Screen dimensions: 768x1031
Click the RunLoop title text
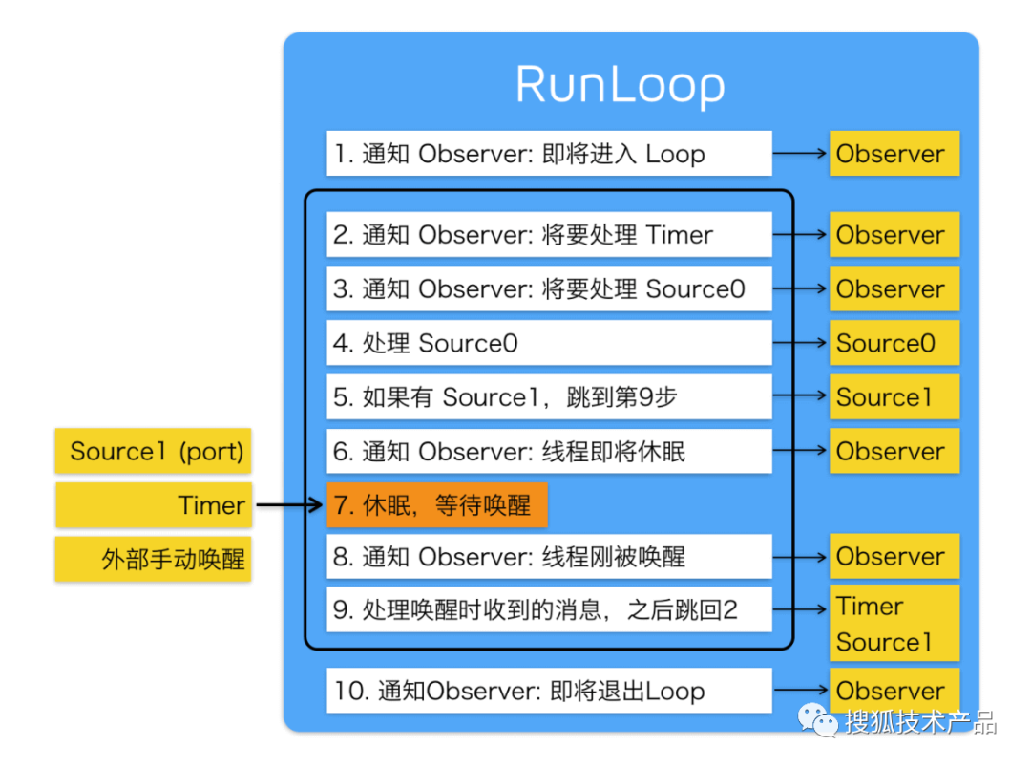click(x=621, y=86)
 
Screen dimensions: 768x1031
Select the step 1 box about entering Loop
click(x=549, y=154)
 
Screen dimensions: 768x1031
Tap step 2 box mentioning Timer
click(x=549, y=235)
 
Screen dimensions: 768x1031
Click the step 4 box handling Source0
click(x=549, y=343)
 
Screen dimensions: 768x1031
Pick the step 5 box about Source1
click(x=549, y=397)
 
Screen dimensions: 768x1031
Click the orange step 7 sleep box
click(x=437, y=505)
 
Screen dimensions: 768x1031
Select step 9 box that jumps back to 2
click(x=549, y=609)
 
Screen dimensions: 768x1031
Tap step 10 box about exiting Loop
click(x=549, y=691)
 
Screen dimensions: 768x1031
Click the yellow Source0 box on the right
click(x=894, y=343)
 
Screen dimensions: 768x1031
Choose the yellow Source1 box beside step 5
click(x=894, y=397)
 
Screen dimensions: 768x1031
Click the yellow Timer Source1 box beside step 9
click(x=894, y=623)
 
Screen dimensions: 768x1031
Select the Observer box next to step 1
click(x=894, y=154)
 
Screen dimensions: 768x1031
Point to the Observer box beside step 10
click(x=894, y=690)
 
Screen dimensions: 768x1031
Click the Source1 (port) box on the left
click(x=154, y=451)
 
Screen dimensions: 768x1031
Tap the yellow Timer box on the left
click(x=154, y=505)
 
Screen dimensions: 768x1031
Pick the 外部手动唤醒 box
click(x=154, y=559)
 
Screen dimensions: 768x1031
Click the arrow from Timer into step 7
click(x=289, y=505)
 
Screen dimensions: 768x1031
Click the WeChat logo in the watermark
click(x=819, y=721)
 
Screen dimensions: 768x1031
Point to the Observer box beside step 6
click(x=894, y=451)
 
